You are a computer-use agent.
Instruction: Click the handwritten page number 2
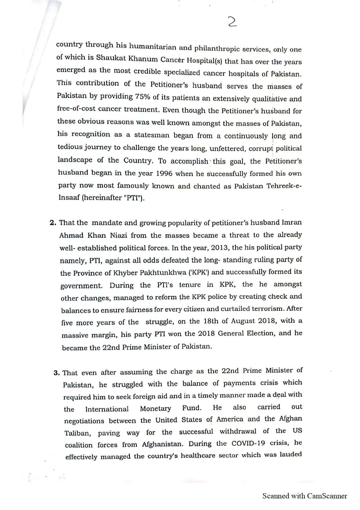coord(233,22)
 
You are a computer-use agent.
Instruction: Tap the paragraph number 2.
coord(53,223)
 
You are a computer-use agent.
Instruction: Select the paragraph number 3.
coord(57,373)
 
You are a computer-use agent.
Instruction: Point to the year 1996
coord(164,173)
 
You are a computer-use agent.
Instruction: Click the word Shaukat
coord(108,58)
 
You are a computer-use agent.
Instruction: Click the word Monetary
coord(155,409)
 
